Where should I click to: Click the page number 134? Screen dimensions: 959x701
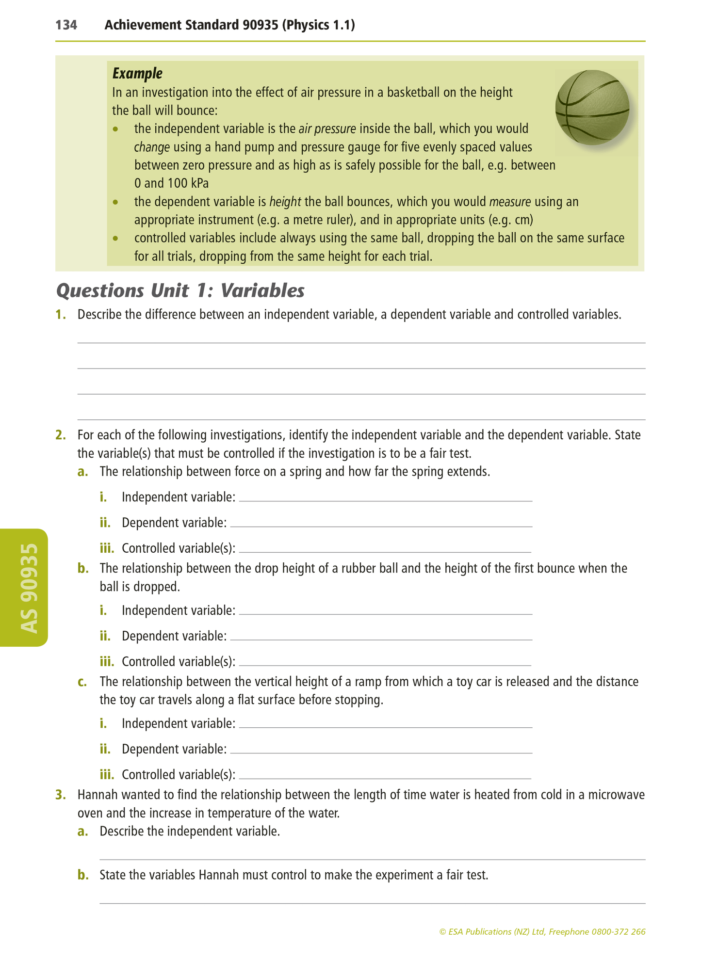pyautogui.click(x=66, y=25)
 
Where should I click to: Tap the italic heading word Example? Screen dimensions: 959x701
pyautogui.click(x=137, y=74)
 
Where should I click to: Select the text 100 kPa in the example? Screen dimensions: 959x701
pyautogui.click(x=188, y=184)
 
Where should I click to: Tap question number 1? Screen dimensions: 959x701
pyautogui.click(x=61, y=315)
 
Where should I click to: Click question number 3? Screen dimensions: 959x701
pyautogui.click(x=61, y=795)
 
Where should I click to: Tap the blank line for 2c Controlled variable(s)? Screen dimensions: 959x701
pyautogui.click(x=386, y=777)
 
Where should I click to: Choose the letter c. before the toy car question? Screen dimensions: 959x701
pyautogui.click(x=82, y=682)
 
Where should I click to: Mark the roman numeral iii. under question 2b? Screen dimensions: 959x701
pyautogui.click(x=107, y=662)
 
